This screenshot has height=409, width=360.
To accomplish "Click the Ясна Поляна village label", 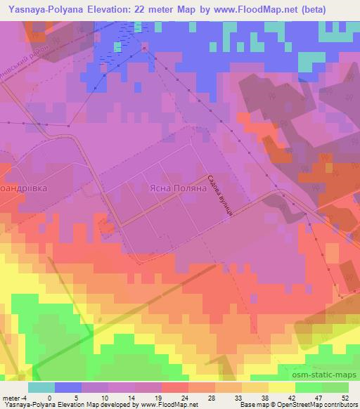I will tap(178, 189).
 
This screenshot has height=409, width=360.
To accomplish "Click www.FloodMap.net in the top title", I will tap(236, 9).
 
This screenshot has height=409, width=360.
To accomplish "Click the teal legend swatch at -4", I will tap(41, 388).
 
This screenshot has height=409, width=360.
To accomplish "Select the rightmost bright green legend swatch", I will tap(336, 388).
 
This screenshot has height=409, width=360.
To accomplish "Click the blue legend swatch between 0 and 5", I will tap(67, 388).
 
